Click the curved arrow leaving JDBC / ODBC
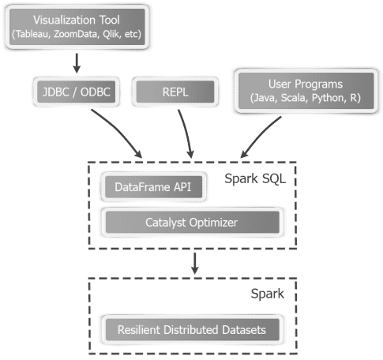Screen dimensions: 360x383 coord(118,130)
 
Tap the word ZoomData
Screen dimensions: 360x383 coord(82,36)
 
